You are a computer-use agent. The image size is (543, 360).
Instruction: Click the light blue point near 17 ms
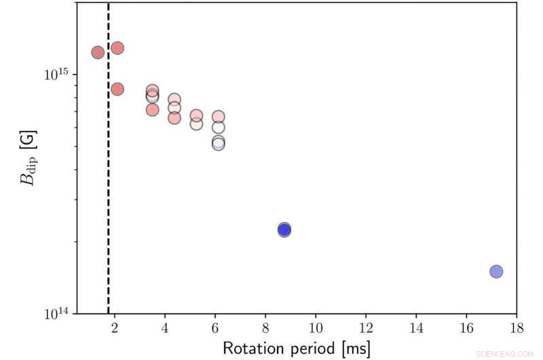tap(496, 272)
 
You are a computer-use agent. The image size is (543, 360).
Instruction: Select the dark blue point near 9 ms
tap(284, 230)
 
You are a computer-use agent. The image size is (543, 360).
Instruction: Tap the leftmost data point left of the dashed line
tap(98, 52)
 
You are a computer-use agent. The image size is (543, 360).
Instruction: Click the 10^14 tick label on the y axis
tap(57, 314)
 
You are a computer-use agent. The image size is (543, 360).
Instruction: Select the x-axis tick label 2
tap(115, 326)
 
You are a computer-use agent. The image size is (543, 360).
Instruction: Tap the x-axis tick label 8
tap(265, 326)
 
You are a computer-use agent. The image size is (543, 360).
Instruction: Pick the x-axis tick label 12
tap(366, 326)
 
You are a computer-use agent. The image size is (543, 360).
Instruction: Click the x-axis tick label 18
tap(517, 326)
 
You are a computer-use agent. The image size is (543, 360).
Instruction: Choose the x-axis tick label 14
tap(416, 326)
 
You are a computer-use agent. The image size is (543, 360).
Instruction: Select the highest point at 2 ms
tap(117, 48)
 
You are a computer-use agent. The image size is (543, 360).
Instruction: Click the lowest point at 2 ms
tap(117, 89)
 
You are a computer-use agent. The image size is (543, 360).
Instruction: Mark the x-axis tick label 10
tap(316, 326)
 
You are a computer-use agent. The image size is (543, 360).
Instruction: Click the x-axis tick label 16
tap(466, 326)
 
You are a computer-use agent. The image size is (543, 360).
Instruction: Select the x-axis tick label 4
tap(165, 326)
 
